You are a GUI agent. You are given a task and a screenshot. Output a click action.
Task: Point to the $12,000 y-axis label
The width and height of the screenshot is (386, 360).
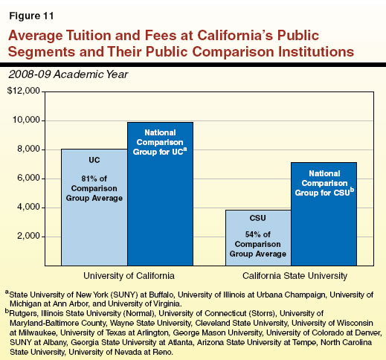pyautogui.click(x=23, y=91)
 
